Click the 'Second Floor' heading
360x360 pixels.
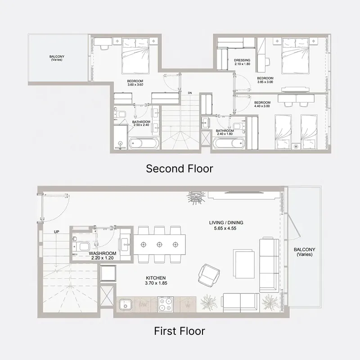click(x=180, y=169)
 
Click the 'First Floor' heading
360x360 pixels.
click(x=180, y=332)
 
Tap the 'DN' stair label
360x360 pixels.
click(x=190, y=93)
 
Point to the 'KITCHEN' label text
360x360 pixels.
click(x=156, y=278)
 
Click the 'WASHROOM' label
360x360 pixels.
click(x=103, y=254)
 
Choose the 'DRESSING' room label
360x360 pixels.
click(x=242, y=60)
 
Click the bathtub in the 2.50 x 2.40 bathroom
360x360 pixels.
click(x=144, y=144)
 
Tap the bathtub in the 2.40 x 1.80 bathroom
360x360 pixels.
click(x=228, y=144)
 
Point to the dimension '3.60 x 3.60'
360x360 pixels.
click(x=135, y=85)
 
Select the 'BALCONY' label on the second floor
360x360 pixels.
click(x=57, y=57)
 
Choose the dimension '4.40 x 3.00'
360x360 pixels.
click(x=262, y=106)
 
